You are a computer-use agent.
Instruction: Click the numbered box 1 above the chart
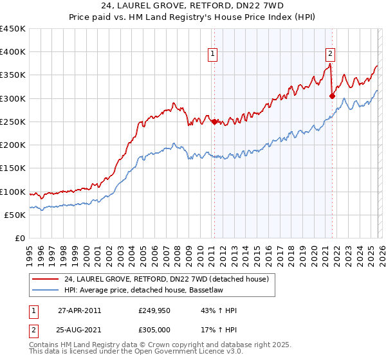pos(212,55)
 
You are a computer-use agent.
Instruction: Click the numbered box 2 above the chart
pos(330,55)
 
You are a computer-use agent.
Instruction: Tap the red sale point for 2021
pos(332,96)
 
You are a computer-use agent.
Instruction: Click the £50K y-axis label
pos(15,215)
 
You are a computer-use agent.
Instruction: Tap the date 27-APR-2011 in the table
pos(79,310)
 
